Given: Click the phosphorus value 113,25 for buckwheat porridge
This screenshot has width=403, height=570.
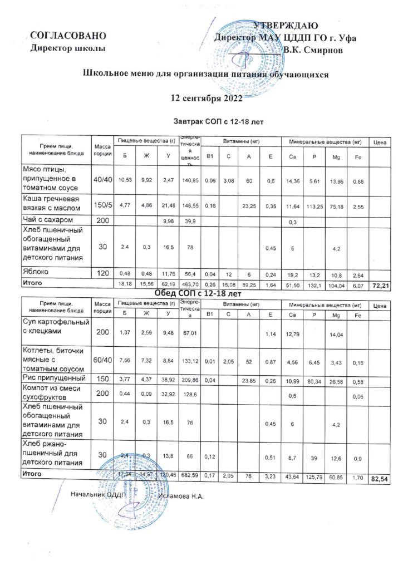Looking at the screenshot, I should pyautogui.click(x=314, y=206).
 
